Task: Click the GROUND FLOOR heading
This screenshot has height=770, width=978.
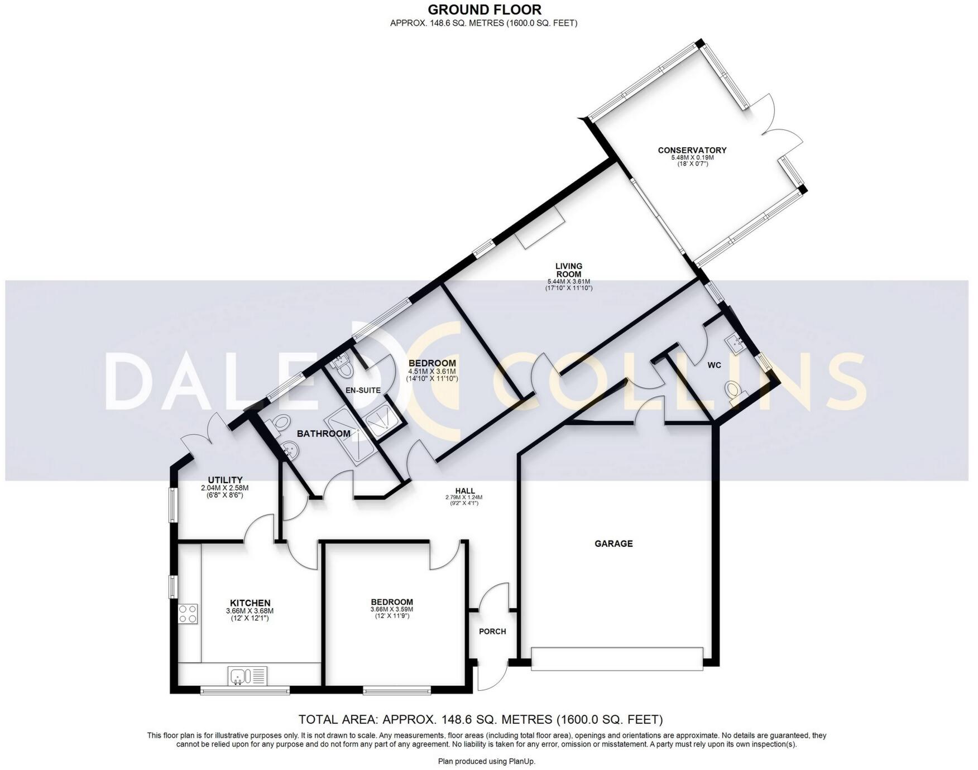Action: click(x=484, y=9)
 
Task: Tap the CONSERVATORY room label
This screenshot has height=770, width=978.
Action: click(x=692, y=150)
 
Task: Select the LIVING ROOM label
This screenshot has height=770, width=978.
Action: click(x=568, y=270)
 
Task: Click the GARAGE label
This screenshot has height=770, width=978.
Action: click(x=613, y=543)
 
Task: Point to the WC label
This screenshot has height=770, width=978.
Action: click(x=714, y=365)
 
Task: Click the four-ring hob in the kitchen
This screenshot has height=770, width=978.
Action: click(x=188, y=614)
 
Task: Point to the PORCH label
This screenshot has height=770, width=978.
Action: click(x=492, y=632)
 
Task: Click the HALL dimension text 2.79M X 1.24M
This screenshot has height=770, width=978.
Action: click(x=463, y=497)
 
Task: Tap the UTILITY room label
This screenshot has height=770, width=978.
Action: click(x=225, y=480)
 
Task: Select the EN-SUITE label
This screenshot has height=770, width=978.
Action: click(x=362, y=390)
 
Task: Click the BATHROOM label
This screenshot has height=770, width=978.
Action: click(x=323, y=434)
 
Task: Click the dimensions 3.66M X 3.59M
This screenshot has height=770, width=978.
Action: click(x=391, y=609)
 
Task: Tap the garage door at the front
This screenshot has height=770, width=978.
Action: click(x=616, y=658)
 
